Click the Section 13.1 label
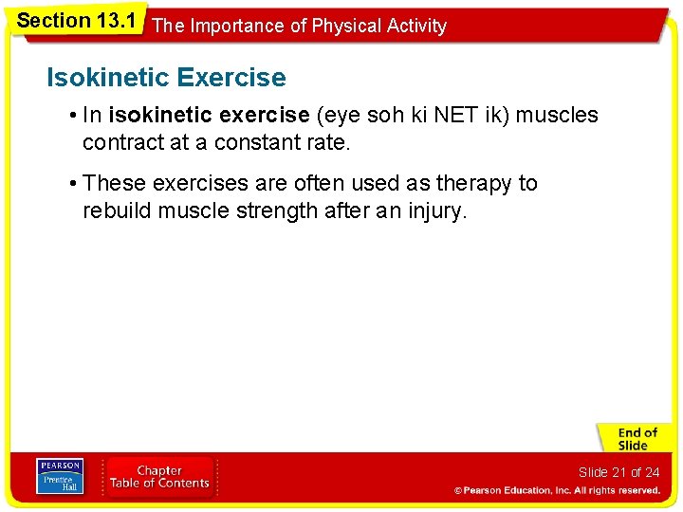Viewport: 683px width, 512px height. click(77, 20)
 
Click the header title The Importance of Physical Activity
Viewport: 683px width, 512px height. click(299, 27)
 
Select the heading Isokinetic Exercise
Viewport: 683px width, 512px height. click(166, 77)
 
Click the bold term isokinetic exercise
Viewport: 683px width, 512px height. click(210, 116)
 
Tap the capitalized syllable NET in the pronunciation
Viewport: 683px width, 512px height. click(452, 116)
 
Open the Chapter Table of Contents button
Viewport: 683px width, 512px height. click(159, 477)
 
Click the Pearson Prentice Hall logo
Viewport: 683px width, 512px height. click(60, 477)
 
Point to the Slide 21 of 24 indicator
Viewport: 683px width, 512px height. click(618, 472)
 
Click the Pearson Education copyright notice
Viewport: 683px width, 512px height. click(557, 490)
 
